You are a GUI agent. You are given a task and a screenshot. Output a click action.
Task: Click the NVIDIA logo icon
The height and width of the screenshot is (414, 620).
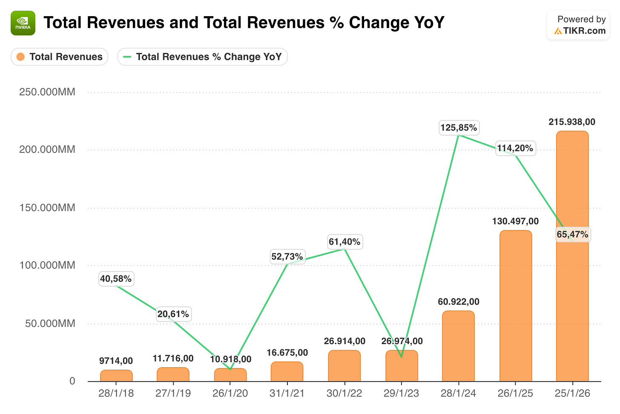23,23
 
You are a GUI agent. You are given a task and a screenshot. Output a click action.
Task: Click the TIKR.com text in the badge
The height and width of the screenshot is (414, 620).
584,31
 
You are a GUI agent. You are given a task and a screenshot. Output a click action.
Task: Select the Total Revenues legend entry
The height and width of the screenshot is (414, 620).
59,57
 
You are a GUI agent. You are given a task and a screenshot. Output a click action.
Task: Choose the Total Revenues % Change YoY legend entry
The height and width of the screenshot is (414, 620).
202,57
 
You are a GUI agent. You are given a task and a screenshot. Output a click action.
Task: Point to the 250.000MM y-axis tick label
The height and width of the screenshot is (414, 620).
47,92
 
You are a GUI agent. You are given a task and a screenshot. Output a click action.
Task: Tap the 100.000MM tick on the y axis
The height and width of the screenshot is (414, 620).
47,265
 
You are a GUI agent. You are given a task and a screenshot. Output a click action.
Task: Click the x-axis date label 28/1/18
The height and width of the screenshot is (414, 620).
116,393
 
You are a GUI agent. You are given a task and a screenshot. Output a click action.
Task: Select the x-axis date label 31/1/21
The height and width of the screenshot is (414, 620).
287,393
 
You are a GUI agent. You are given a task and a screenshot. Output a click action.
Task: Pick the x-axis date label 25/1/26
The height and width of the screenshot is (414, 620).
572,393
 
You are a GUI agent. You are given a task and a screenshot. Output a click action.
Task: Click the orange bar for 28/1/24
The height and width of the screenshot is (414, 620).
458,346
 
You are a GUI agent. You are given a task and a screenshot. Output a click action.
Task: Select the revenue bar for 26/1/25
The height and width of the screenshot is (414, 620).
516,306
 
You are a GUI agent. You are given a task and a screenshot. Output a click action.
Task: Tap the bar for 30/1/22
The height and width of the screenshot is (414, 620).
344,366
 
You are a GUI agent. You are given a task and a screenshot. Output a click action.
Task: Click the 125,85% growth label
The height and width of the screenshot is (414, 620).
459,128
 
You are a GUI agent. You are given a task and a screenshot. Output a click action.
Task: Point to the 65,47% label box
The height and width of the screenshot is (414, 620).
573,235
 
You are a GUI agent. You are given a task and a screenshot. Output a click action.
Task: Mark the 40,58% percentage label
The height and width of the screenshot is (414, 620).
116,279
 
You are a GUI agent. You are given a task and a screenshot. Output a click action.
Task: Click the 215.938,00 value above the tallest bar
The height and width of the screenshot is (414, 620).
572,122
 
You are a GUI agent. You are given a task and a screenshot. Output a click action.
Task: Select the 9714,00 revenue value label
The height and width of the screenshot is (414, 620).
116,361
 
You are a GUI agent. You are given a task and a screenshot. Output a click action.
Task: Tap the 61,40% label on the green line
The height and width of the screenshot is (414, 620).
345,242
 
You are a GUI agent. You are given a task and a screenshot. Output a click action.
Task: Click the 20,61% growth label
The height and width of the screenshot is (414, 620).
174,314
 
